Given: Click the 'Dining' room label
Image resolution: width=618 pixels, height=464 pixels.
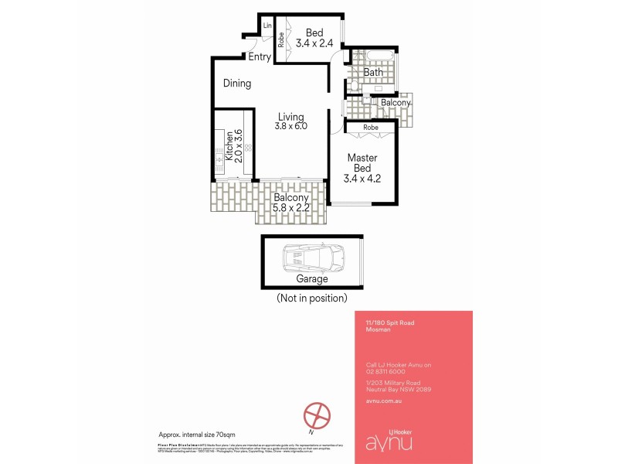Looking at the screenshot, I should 237,84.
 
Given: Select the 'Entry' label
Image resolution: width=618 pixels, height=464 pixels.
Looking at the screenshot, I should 260,57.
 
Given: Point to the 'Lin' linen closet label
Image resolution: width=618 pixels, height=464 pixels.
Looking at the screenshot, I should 268,26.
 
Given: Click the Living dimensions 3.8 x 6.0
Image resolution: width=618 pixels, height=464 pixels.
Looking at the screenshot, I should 292,126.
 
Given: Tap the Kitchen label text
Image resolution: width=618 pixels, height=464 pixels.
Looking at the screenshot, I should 229,145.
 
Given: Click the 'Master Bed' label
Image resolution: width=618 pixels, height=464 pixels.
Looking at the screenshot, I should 362,163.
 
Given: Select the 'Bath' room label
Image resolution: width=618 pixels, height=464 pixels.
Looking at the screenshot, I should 374,73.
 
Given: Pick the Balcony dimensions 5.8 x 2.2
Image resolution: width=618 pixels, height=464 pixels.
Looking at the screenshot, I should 291,208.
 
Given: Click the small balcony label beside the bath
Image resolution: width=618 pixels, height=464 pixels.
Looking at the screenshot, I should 396,103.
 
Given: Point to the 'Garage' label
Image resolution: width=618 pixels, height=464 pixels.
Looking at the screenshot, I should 312,279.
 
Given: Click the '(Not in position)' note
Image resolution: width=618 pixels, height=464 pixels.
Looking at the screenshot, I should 312,298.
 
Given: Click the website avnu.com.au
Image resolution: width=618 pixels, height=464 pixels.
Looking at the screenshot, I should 383,401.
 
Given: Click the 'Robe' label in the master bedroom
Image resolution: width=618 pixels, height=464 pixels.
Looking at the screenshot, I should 371,127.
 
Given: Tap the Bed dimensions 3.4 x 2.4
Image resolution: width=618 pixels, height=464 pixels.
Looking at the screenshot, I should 314,43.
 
